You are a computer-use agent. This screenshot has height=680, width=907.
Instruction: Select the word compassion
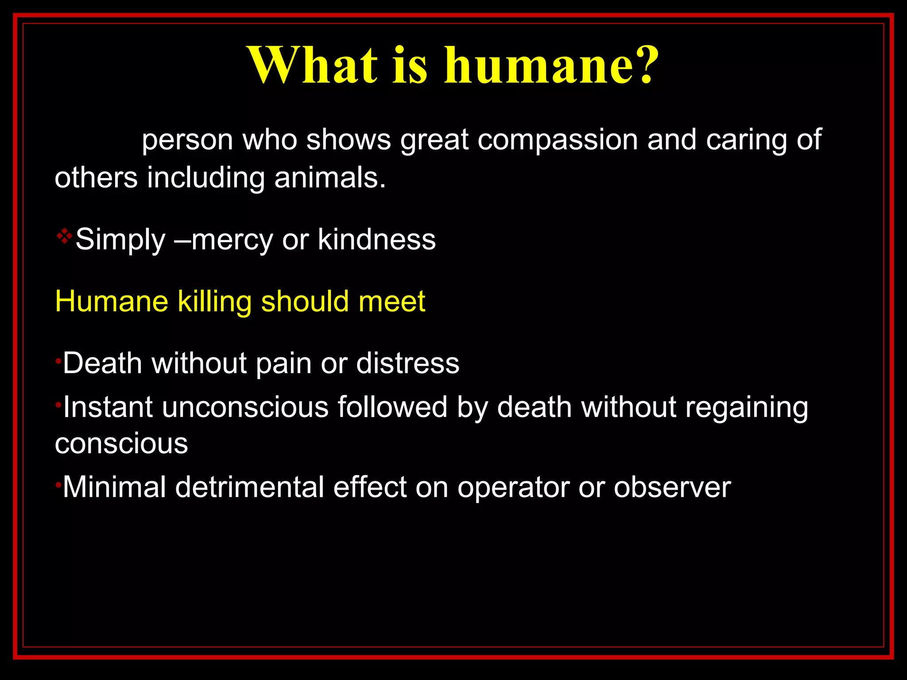pyautogui.click(x=558, y=140)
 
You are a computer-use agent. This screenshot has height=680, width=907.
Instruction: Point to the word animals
pyautogui.click(x=329, y=178)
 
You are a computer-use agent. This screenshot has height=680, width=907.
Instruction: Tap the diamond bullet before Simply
pyautogui.click(x=64, y=236)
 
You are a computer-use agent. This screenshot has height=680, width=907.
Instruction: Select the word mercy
pyautogui.click(x=232, y=240)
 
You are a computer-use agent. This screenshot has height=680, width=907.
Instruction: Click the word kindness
pyautogui.click(x=376, y=240)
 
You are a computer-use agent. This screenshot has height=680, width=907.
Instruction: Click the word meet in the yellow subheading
pyautogui.click(x=391, y=302)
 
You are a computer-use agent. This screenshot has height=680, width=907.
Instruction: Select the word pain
pyautogui.click(x=283, y=363)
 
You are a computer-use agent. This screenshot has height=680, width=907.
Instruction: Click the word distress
pyautogui.click(x=407, y=363)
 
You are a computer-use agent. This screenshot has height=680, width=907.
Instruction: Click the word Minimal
pyautogui.click(x=114, y=487)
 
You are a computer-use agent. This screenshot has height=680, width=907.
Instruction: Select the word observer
pyautogui.click(x=672, y=487)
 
